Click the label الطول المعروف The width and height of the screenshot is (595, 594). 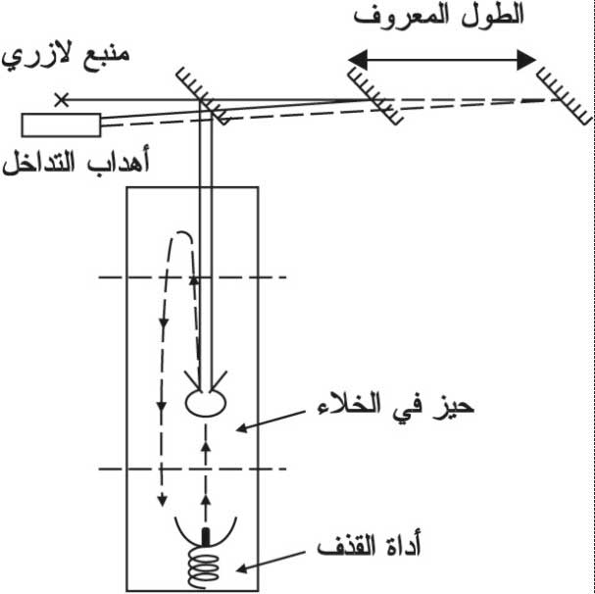click(439, 17)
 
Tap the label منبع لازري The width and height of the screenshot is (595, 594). click(66, 56)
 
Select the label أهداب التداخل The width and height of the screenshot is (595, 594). click(75, 162)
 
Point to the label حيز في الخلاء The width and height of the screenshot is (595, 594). click(396, 407)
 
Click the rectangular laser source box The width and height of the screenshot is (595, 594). click(61, 124)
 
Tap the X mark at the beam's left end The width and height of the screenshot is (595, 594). click(61, 100)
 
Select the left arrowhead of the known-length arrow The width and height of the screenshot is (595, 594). click(358, 60)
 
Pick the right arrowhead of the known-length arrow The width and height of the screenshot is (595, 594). click(526, 60)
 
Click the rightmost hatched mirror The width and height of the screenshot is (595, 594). click(565, 96)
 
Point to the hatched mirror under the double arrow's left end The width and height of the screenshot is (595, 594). click(375, 96)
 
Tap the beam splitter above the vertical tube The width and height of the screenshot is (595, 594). click(203, 96)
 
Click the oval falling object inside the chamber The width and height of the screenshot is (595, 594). click(206, 403)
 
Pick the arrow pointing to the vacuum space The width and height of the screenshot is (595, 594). click(271, 421)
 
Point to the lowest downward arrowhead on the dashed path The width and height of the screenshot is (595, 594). click(162, 500)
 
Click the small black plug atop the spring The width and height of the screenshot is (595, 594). click(205, 537)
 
